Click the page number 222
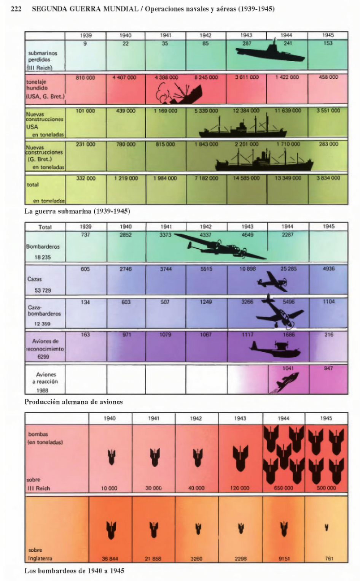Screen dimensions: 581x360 (16, 9)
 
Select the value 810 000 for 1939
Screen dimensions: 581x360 (85, 78)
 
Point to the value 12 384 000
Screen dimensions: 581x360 (246, 111)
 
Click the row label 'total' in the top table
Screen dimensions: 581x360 (33, 184)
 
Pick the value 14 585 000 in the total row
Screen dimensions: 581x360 (246, 178)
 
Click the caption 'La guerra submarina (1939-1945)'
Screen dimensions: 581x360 (77, 211)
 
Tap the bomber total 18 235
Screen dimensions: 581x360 (43, 257)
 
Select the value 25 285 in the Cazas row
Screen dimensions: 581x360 (288, 269)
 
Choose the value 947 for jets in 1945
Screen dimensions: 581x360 (328, 368)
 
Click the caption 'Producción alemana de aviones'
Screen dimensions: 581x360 (73, 402)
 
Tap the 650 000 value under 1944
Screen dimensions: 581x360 (284, 488)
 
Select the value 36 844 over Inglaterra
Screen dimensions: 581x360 (110, 559)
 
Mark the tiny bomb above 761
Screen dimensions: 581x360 (327, 527)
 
